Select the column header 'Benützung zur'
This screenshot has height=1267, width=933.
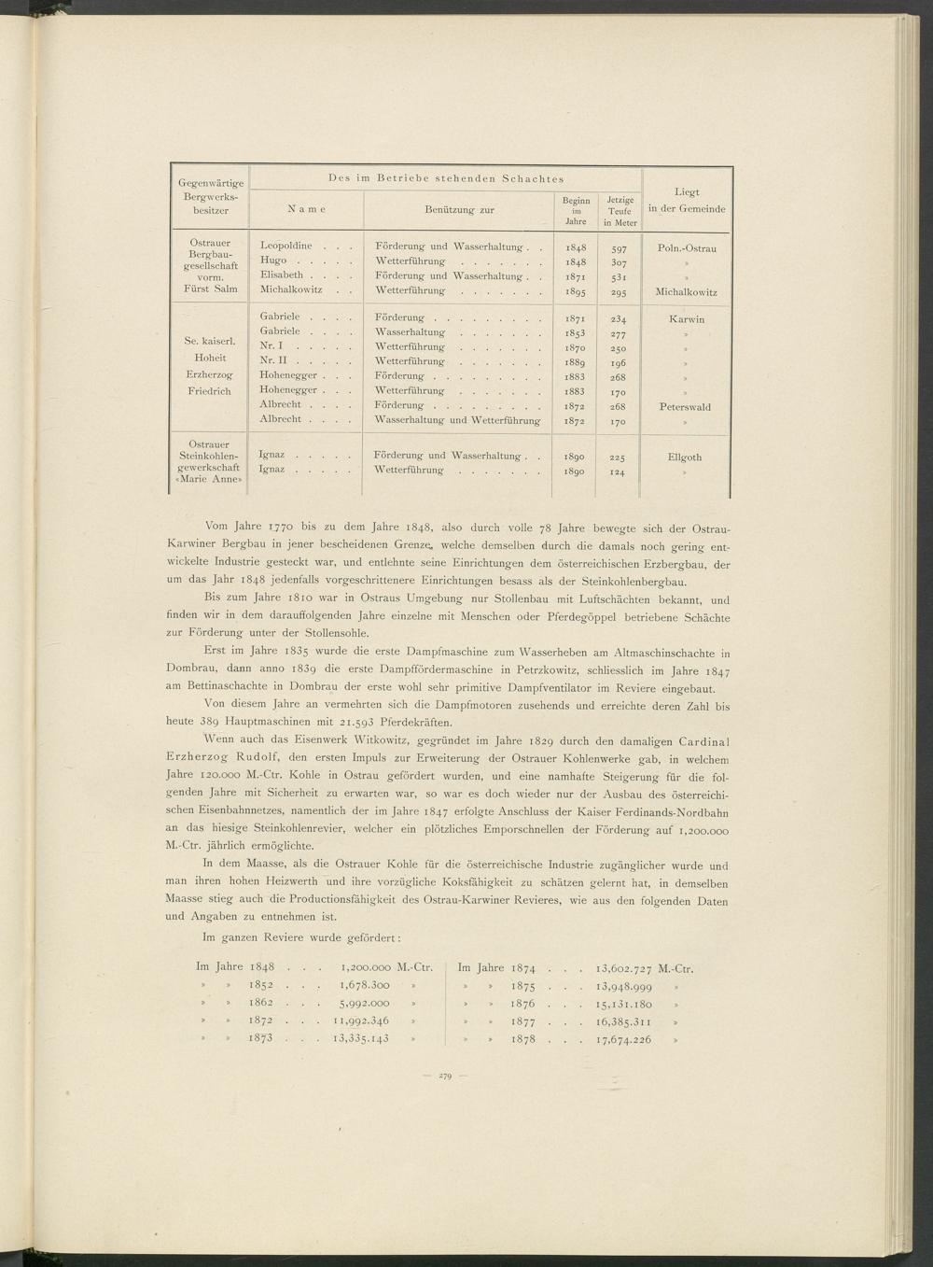click(x=459, y=210)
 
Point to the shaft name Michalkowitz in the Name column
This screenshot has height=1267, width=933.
click(x=291, y=289)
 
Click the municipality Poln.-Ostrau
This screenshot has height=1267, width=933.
click(x=686, y=249)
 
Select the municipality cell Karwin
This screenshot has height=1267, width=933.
click(x=686, y=319)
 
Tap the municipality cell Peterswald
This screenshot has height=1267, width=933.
click(x=685, y=407)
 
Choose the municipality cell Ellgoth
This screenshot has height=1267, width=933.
click(x=685, y=458)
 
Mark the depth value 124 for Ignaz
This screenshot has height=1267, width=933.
click(x=618, y=472)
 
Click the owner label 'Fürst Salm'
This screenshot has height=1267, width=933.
click(x=209, y=289)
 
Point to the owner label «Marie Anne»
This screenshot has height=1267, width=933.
click(x=209, y=481)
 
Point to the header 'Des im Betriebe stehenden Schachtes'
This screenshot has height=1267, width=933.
click(x=446, y=178)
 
